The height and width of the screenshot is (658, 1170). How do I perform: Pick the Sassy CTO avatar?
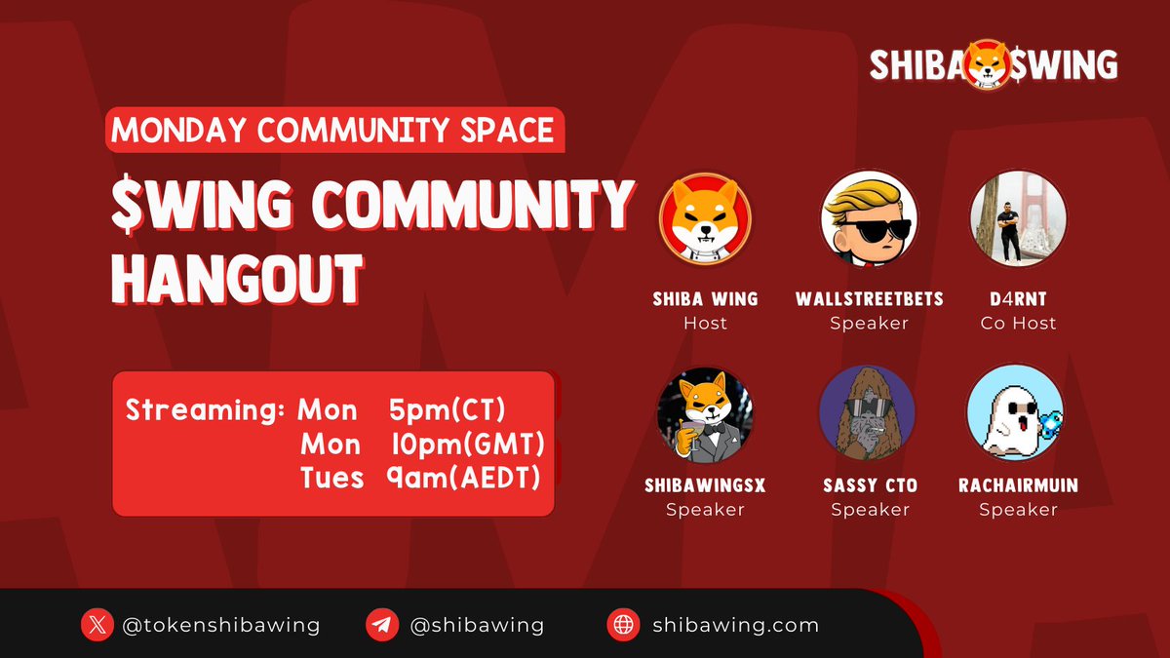pos(868,413)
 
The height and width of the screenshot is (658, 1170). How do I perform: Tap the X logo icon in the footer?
pos(96,625)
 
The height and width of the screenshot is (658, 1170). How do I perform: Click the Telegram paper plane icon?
pos(381,625)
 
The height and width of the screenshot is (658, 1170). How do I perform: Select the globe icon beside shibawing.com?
pos(622,625)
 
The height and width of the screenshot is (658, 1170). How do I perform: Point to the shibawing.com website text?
pos(735,625)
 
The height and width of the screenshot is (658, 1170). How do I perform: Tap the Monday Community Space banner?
pos(333,130)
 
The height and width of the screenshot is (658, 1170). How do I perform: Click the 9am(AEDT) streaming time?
pos(464,478)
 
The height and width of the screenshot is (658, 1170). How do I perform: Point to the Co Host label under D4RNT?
pos(1018,323)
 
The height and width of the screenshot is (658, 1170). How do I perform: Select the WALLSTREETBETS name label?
pos(870,298)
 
